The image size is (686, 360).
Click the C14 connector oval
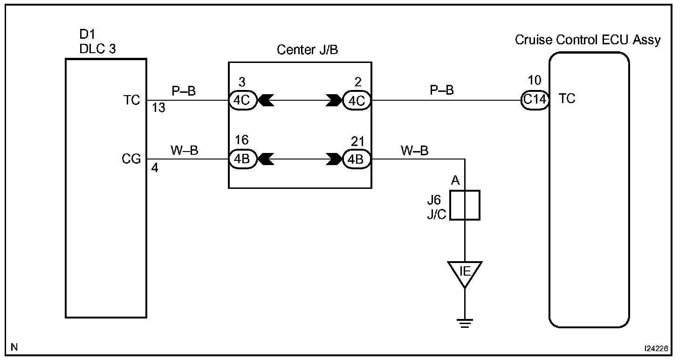tap(535, 100)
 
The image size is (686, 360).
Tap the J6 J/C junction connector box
tap(465, 205)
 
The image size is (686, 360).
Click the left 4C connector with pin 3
tap(242, 100)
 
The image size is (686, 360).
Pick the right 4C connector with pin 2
tap(357, 100)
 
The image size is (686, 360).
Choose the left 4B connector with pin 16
tap(242, 159)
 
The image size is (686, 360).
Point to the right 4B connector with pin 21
tap(357, 159)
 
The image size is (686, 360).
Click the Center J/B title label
tap(307, 49)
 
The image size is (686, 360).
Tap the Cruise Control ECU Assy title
tap(587, 40)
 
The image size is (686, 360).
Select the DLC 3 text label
tap(97, 48)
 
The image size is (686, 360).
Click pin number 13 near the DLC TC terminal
tap(158, 108)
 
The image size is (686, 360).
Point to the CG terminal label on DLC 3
tap(131, 159)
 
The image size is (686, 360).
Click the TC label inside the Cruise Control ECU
tap(567, 98)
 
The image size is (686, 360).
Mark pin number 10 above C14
tap(535, 80)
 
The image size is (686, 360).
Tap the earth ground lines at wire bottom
tap(465, 323)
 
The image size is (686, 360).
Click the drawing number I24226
tap(656, 348)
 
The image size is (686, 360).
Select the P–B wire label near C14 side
tap(442, 90)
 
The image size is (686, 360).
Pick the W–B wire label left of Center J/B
tap(185, 150)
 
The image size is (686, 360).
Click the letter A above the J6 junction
tap(455, 180)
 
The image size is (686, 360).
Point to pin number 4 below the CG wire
tap(155, 168)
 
